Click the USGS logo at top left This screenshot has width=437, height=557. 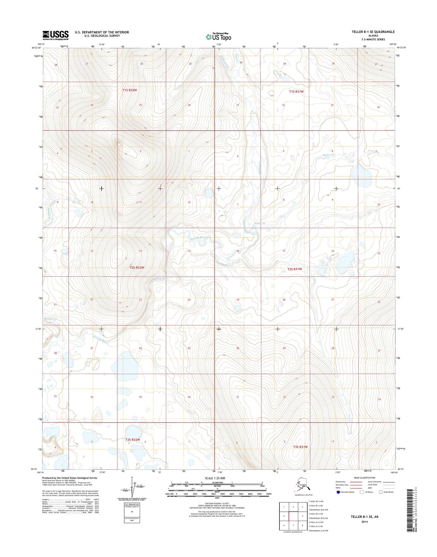pyautogui.click(x=55, y=35)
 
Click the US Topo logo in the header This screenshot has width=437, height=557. pyautogui.click(x=218, y=37)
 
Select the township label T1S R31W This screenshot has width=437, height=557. pyautogui.click(x=296, y=91)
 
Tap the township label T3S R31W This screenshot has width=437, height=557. pyautogui.click(x=300, y=447)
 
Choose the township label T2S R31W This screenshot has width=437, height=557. pyautogui.click(x=294, y=269)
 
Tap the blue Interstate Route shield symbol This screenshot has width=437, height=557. pyautogui.click(x=338, y=492)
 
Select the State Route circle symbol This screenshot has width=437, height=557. pyautogui.click(x=380, y=492)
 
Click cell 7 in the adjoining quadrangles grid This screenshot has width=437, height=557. pyautogui.click(x=293, y=526)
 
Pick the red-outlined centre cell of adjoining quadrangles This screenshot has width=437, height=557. pyautogui.click(x=293, y=516)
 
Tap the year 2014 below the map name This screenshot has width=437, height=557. pyautogui.click(x=364, y=522)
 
